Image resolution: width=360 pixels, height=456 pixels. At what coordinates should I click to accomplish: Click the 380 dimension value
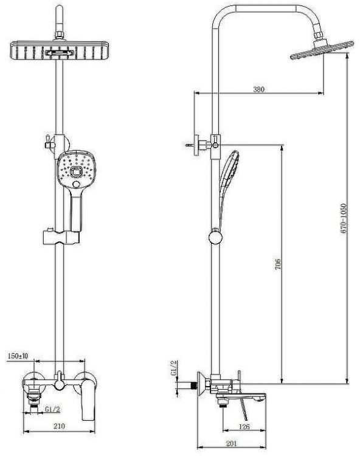[x=258, y=89]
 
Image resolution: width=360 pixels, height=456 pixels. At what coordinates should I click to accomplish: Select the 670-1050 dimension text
[x=344, y=219]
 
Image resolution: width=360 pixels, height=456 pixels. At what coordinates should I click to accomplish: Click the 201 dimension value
[x=232, y=444]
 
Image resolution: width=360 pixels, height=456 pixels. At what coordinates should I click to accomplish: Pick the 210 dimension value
[x=59, y=427]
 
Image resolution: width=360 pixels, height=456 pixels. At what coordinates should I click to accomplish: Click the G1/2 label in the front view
[x=52, y=409]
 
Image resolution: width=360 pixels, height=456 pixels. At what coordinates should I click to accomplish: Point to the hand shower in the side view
[x=229, y=176]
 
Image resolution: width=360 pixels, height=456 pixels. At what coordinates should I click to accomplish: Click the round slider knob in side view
[x=214, y=236]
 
